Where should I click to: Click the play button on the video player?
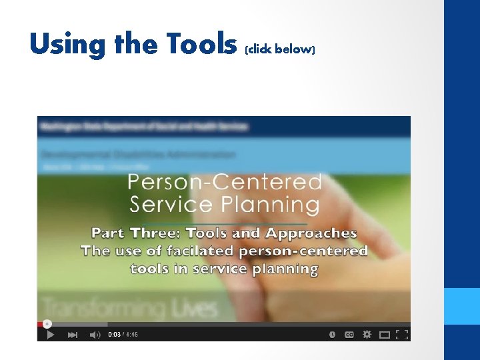point(51,335)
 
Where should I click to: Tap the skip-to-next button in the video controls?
point(73,335)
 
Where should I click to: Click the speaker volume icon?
point(95,335)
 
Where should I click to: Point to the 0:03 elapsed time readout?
point(114,335)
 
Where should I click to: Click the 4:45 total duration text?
point(132,335)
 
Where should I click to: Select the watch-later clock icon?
point(332,335)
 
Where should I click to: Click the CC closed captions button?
point(349,335)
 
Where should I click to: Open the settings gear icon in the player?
point(366,335)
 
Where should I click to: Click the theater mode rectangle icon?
point(384,335)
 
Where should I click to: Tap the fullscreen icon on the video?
point(402,335)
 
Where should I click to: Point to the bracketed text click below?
point(280,49)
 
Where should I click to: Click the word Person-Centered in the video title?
point(225,181)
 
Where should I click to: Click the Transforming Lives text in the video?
point(130,309)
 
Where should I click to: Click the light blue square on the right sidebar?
point(462,306)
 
